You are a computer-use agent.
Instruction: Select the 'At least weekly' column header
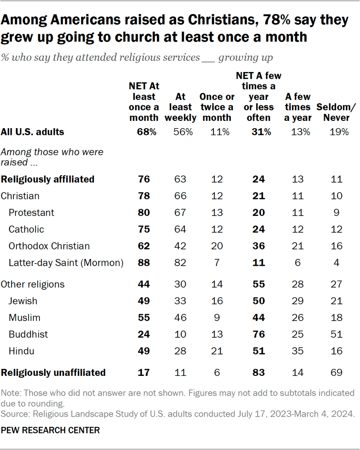click(180, 107)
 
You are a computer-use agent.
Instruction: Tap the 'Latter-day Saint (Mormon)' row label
click(66, 263)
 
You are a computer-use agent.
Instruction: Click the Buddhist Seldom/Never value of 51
click(336, 334)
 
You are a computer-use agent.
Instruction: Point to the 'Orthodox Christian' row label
click(49, 246)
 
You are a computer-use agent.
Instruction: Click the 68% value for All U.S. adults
click(143, 132)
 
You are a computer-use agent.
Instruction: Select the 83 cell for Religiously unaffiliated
click(258, 373)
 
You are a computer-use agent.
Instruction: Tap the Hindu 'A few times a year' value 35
click(297, 351)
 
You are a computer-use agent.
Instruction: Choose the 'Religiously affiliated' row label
click(48, 180)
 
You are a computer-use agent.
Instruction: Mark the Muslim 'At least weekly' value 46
click(180, 318)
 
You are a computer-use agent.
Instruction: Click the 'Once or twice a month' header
click(217, 107)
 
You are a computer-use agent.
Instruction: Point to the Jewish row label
click(23, 301)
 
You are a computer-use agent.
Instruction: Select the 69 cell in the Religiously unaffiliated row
click(336, 373)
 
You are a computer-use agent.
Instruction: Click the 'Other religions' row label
click(33, 285)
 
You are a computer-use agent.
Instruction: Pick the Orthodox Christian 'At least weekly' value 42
click(180, 246)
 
